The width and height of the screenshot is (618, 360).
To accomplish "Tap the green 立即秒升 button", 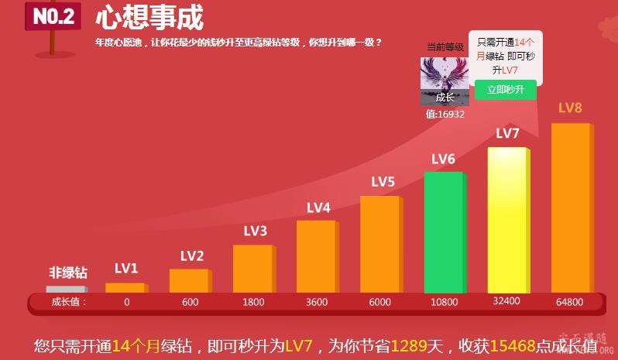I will pyautogui.click(x=505, y=90).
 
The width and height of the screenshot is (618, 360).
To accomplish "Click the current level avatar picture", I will pyautogui.click(x=445, y=81).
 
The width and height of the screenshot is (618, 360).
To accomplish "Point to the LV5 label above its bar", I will pyautogui.click(x=383, y=183).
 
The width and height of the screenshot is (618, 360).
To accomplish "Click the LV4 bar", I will pyautogui.click(x=316, y=255).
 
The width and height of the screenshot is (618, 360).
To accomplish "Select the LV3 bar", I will pyautogui.click(x=252, y=268).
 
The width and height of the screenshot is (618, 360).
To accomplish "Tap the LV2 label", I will pyautogui.click(x=192, y=256).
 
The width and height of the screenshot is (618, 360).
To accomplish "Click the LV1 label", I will pyautogui.click(x=125, y=269).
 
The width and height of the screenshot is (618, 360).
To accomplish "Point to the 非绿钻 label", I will pyautogui.click(x=68, y=273).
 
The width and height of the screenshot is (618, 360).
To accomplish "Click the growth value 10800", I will pyautogui.click(x=444, y=302).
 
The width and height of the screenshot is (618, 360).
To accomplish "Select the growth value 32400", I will pyautogui.click(x=506, y=301).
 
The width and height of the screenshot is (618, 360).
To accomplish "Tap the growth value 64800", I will pyautogui.click(x=569, y=302).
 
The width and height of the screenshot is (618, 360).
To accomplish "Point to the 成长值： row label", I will pyautogui.click(x=70, y=302).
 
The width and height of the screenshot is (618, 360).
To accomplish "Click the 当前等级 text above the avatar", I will pyautogui.click(x=445, y=47).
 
